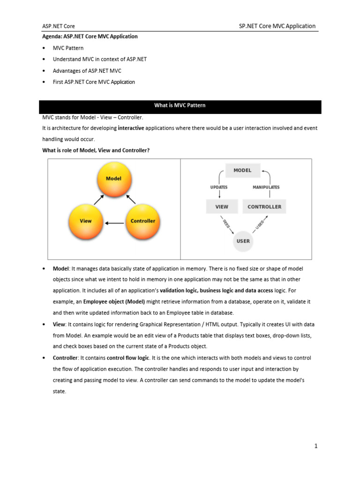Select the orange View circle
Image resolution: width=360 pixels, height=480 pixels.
(86, 221)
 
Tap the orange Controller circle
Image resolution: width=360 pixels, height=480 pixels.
(142, 221)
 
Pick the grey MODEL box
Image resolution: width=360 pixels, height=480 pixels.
(242, 170)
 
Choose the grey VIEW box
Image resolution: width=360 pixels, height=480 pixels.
(222, 206)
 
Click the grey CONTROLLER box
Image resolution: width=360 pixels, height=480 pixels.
(264, 206)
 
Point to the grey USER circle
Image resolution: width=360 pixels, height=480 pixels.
(243, 241)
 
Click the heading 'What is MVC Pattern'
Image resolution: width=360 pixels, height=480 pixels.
(180, 105)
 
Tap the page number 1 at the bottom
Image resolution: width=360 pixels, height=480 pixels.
(316, 446)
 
